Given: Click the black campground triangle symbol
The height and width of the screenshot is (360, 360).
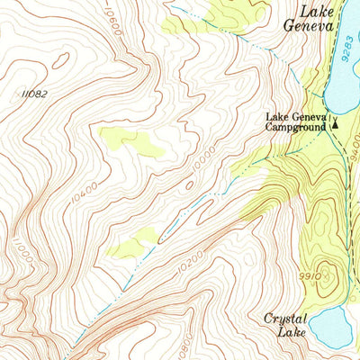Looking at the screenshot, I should click(335, 125).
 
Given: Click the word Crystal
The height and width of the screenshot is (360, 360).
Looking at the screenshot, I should click(287, 319).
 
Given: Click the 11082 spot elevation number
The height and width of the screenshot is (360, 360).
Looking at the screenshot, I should click(31, 94).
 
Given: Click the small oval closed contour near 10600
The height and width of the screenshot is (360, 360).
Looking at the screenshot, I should click(61, 60).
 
